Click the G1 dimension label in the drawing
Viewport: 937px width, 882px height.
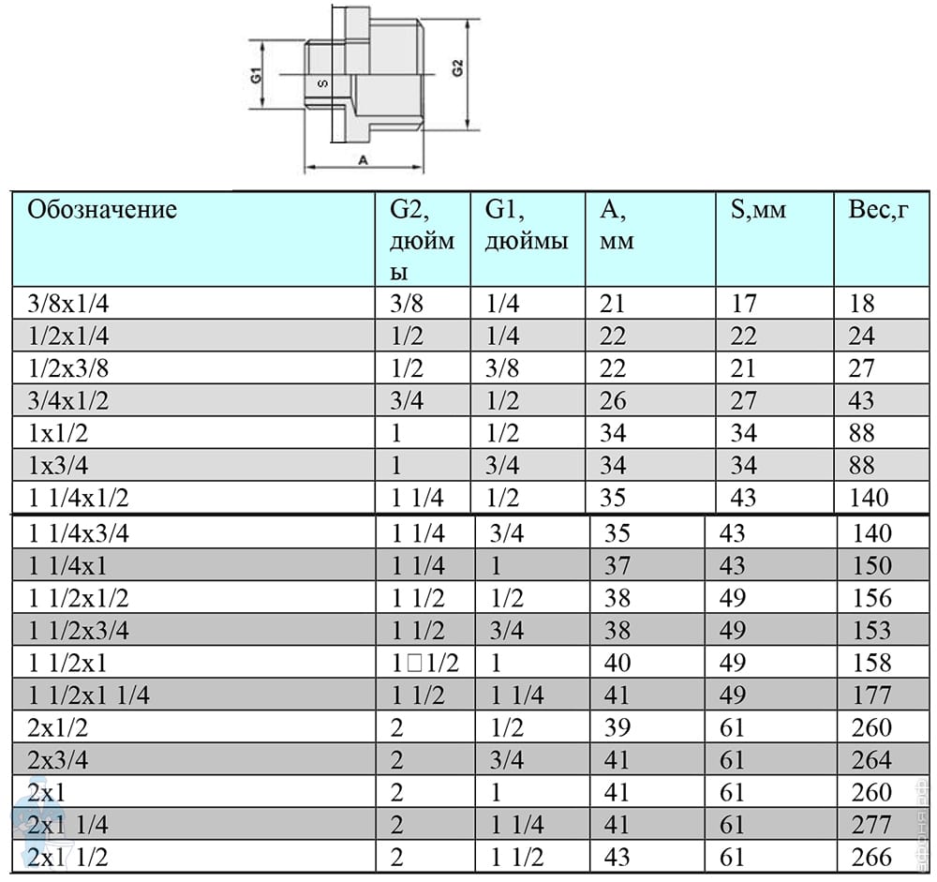[256, 75]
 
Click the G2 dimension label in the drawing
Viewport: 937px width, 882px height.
[458, 68]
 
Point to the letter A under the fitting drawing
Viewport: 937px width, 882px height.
[363, 160]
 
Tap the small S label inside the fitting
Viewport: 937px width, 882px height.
[322, 83]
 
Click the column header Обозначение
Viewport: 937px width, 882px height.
[102, 210]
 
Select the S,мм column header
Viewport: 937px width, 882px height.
[758, 211]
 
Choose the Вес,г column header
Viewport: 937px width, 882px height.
[879, 210]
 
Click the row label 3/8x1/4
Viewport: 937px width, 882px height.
[68, 304]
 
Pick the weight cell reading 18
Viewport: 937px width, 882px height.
[862, 304]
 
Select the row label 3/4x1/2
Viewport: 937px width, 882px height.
[68, 400]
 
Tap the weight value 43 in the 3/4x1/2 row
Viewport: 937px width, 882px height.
[862, 400]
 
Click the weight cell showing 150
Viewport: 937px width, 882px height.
[872, 566]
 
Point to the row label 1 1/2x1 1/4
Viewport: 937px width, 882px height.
[89, 695]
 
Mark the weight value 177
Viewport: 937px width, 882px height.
[872, 695]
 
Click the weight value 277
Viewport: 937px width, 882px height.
[872, 825]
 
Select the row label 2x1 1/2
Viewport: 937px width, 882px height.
[68, 858]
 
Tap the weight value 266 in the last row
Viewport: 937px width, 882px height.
[872, 858]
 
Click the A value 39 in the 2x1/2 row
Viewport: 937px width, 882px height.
[617, 727]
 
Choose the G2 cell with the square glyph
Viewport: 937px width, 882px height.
[425, 664]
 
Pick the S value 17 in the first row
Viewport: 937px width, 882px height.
[745, 304]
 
